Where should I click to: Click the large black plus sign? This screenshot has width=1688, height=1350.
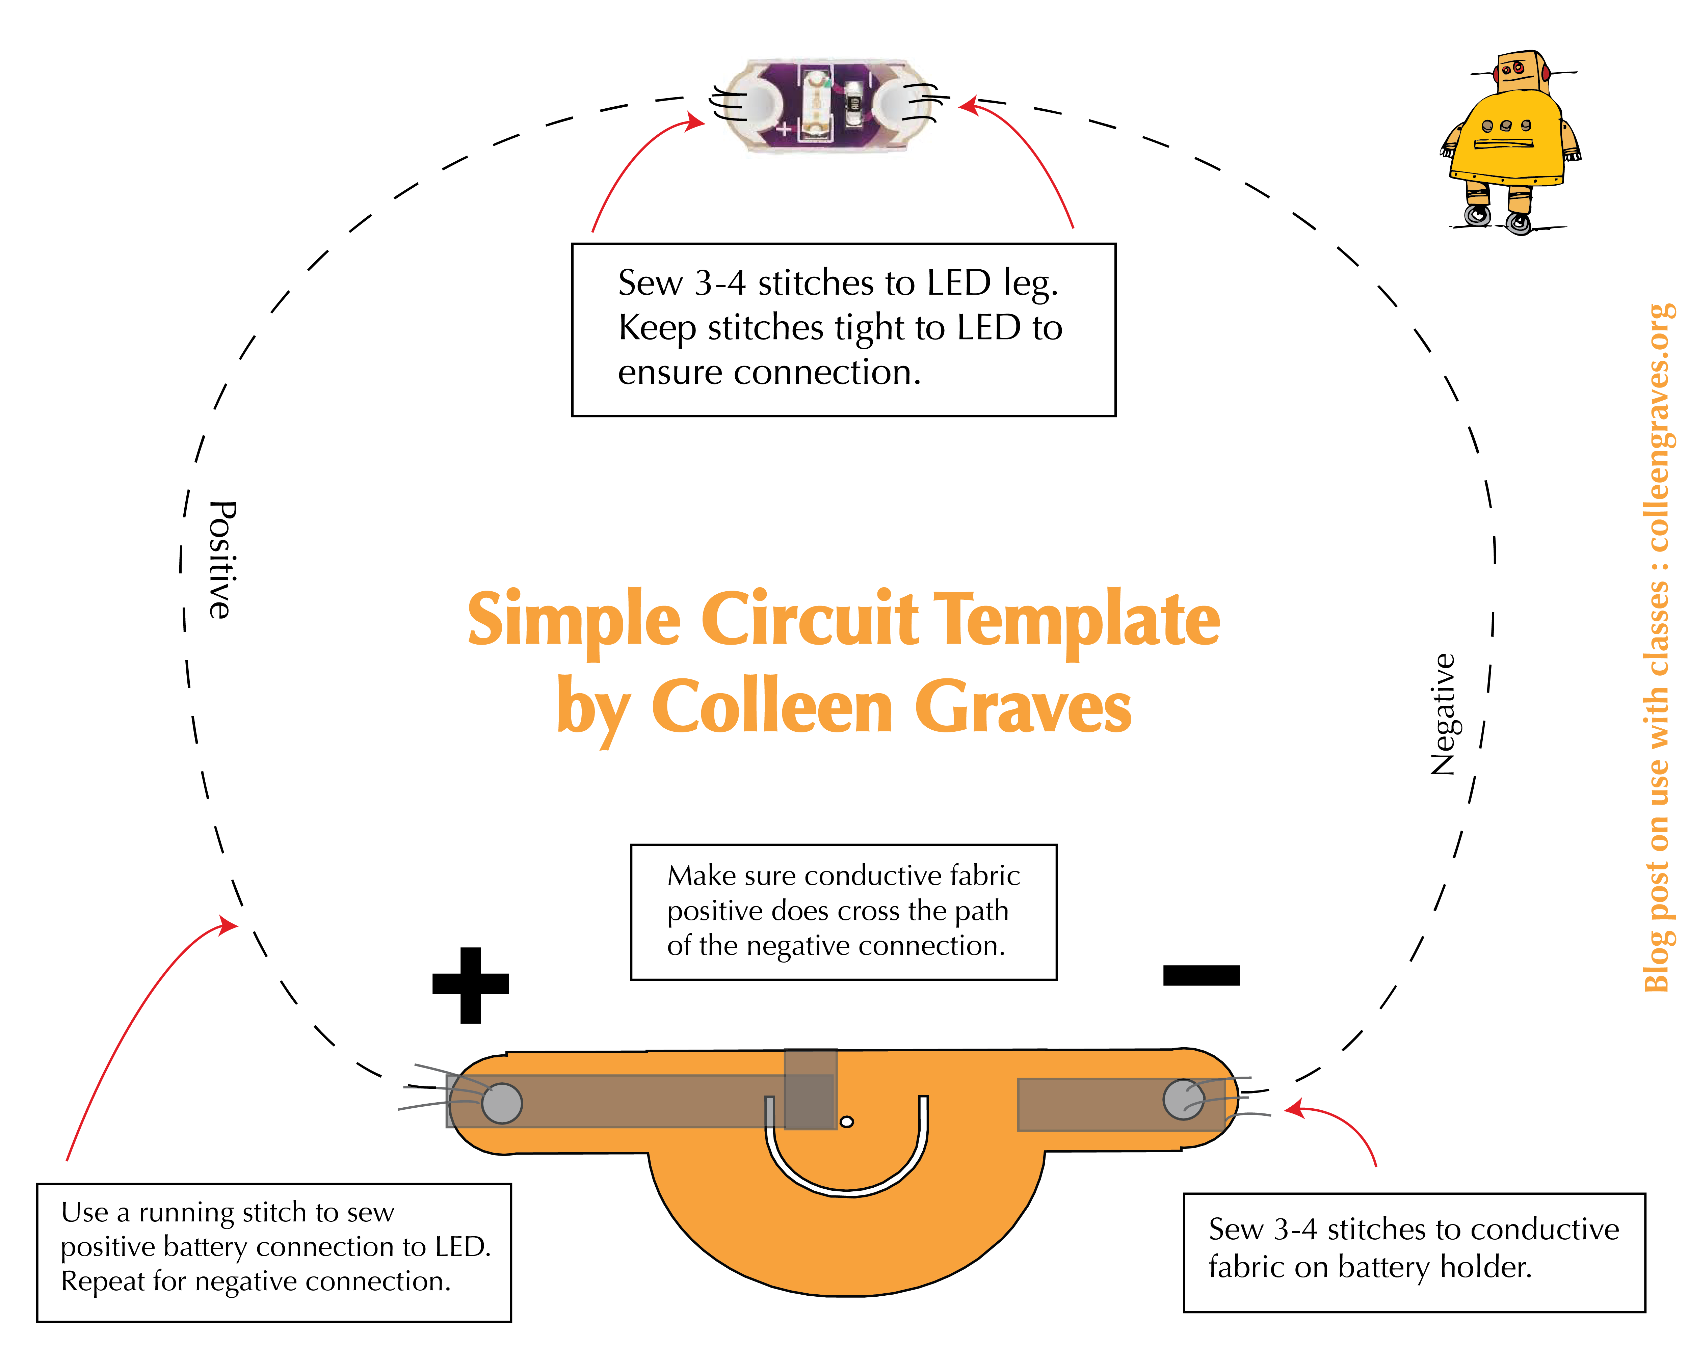coord(471,984)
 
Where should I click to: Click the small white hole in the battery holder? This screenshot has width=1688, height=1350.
coord(846,1122)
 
